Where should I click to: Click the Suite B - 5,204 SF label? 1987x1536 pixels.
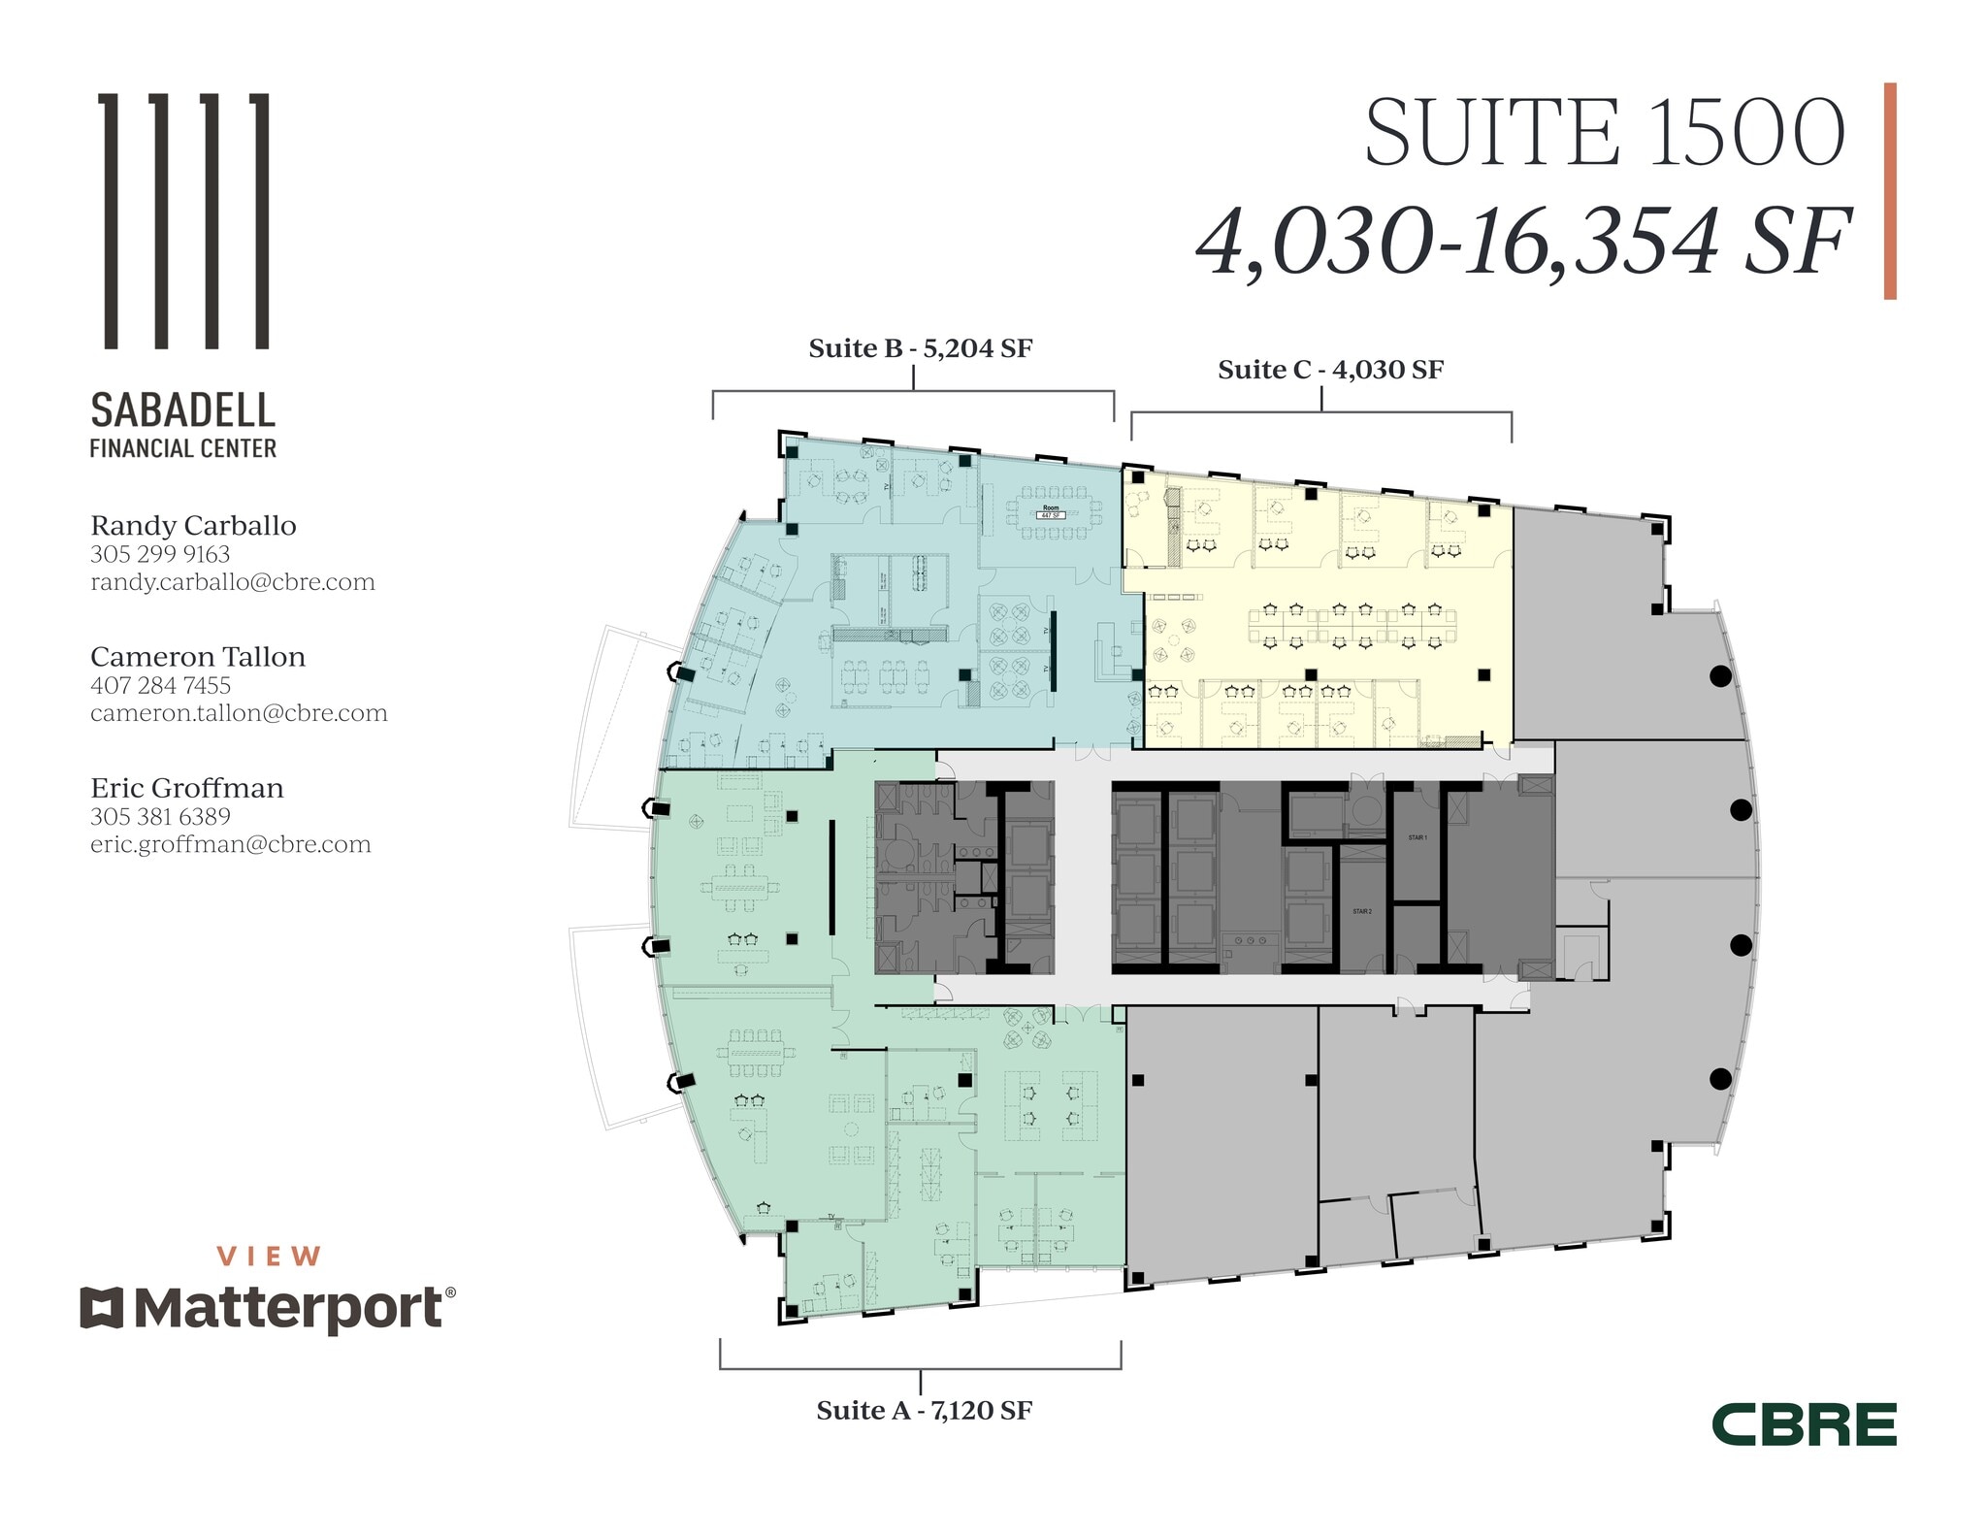920,348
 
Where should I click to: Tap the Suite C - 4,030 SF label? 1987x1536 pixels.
1330,370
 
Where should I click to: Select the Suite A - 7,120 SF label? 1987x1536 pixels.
924,1410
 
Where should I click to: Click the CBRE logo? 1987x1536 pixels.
1804,1425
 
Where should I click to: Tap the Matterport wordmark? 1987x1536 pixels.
288,1308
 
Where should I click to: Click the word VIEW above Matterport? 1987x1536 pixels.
269,1257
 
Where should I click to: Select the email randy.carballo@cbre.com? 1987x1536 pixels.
233,582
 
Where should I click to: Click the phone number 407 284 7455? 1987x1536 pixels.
161,685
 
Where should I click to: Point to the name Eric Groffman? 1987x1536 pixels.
187,788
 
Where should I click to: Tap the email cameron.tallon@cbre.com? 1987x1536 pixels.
239,713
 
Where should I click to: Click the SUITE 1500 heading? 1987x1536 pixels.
1605,134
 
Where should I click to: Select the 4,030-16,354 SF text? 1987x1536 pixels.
1523,243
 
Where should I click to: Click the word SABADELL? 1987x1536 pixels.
183,410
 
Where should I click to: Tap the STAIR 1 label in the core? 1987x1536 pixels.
1417,836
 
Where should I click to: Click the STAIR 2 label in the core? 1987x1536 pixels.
1362,911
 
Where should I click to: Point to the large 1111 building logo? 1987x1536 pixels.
185,220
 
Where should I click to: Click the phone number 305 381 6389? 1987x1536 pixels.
161,817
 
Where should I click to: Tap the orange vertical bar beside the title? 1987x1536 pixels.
1890,191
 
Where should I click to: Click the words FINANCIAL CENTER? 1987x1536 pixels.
183,448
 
